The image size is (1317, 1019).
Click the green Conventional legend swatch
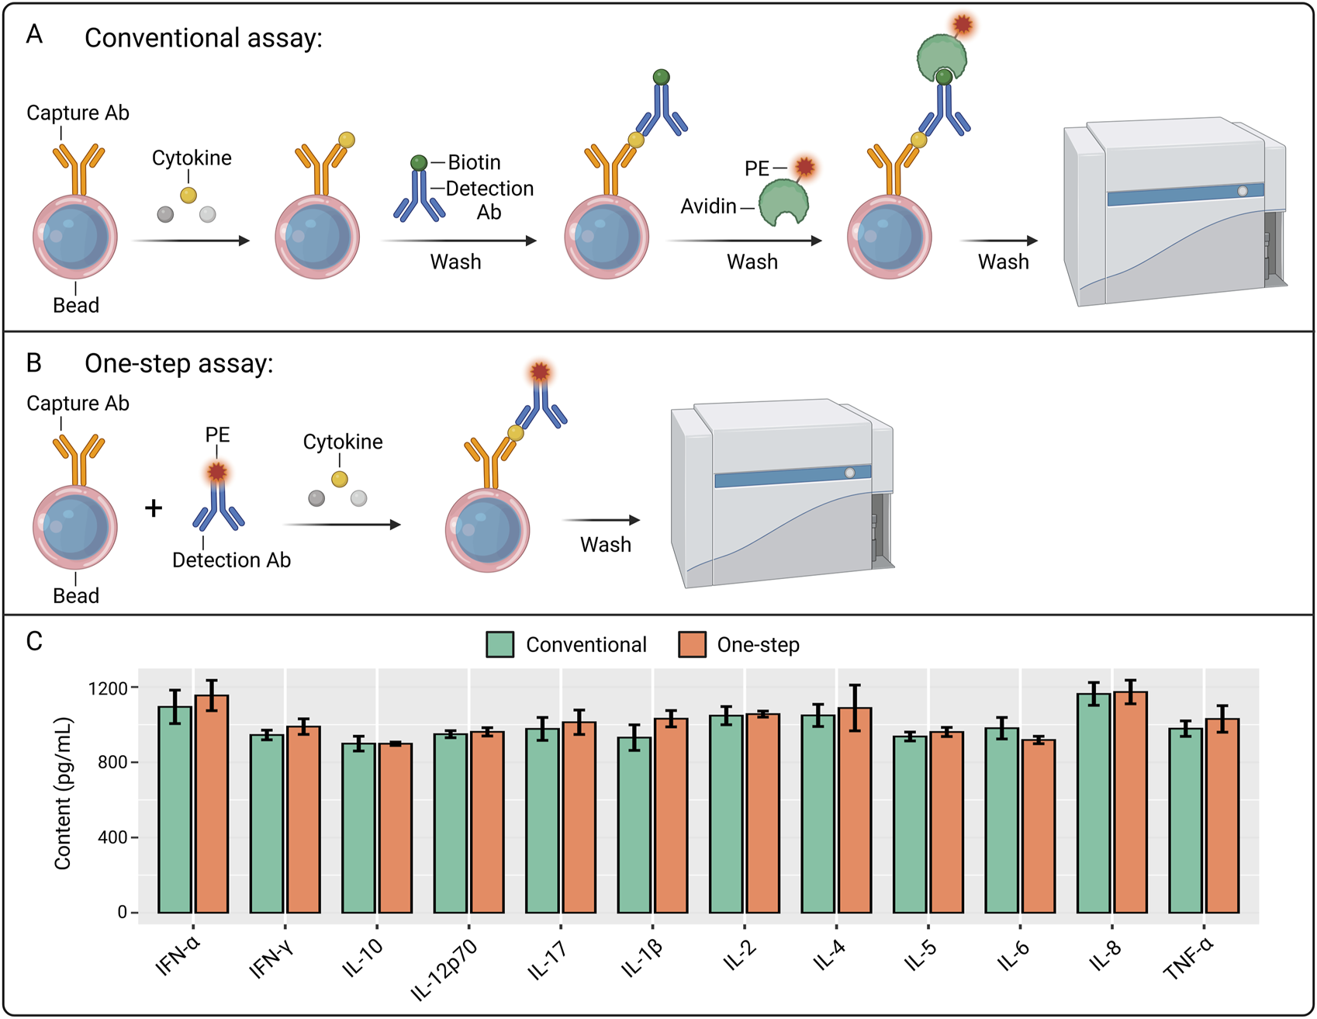500,645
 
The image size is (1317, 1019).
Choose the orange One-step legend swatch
692,645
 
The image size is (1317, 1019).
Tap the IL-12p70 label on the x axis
444,970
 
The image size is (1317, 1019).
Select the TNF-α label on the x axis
1188,959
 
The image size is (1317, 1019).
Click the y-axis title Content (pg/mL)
63,793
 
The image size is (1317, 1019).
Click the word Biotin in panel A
474,162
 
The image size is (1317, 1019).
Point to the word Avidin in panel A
708,206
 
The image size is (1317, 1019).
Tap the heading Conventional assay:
203,38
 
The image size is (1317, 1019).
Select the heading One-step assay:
178,363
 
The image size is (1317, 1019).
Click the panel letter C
34,641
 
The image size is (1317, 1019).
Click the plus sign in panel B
154,508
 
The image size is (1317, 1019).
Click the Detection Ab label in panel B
231,560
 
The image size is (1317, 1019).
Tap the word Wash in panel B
606,545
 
